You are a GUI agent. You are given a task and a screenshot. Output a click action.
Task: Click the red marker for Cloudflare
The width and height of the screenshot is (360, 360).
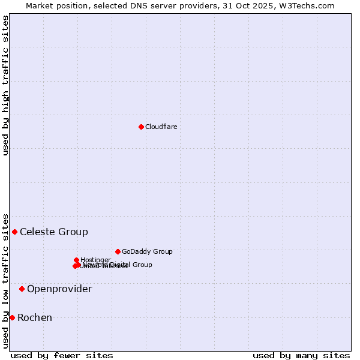point(141,127)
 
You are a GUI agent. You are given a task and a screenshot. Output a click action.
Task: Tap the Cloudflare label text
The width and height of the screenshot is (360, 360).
point(161,127)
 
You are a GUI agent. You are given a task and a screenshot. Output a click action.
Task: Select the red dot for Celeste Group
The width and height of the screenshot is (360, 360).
point(14,232)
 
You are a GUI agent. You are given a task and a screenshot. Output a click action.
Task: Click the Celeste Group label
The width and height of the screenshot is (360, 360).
point(54,232)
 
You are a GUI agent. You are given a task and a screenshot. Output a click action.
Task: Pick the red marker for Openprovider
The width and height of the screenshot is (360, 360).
point(22,289)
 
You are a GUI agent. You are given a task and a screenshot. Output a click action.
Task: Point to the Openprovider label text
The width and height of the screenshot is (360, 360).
point(59,289)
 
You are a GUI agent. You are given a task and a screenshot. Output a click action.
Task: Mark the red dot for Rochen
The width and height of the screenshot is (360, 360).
point(12,317)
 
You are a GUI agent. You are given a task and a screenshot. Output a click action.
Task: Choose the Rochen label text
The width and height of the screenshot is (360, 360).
point(35,318)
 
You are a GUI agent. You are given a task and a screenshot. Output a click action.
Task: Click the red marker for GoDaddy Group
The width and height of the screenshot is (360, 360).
point(118,251)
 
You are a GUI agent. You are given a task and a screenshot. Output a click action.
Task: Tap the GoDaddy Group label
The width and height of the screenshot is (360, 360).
point(147,252)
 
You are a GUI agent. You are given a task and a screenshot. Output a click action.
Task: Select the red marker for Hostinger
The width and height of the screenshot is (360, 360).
point(76,260)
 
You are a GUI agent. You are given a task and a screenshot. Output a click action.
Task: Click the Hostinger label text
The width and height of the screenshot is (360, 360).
point(95,260)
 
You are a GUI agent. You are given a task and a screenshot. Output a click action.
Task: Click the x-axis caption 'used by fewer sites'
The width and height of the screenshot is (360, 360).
point(62,355)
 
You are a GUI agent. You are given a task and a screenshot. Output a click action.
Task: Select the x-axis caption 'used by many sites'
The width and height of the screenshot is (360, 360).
point(301,355)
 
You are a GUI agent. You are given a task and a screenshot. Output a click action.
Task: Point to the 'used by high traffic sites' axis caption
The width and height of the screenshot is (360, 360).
point(6,85)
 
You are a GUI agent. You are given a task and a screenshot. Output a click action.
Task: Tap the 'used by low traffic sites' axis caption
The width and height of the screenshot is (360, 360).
point(6,281)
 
